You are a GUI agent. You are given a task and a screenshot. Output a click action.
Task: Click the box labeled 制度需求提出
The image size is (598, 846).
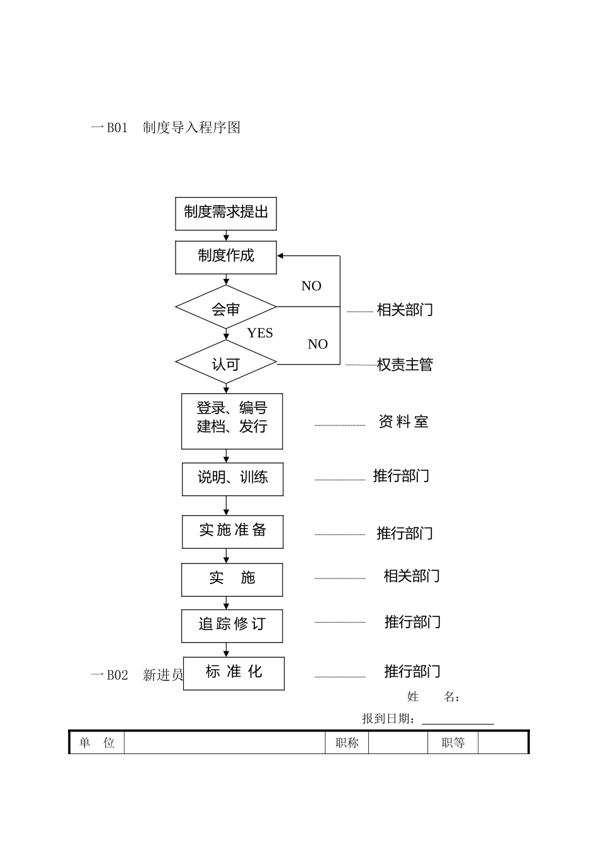click(225, 213)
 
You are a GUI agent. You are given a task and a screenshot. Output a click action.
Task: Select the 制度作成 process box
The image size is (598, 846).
click(225, 257)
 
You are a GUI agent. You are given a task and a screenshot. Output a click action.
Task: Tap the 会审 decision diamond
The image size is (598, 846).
click(225, 308)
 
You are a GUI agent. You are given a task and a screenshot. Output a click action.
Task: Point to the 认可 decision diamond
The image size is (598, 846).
click(225, 363)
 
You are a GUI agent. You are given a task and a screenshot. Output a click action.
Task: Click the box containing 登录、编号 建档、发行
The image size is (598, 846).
click(232, 420)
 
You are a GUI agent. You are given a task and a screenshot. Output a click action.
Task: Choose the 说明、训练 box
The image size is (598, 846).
click(232, 479)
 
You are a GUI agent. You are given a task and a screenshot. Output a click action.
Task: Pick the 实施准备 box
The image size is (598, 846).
click(232, 531)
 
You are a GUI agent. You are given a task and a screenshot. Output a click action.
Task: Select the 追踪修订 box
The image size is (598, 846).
click(232, 625)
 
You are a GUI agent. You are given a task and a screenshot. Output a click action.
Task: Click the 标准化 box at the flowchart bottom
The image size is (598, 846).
click(234, 673)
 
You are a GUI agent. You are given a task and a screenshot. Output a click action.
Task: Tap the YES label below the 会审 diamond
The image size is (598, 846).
click(260, 333)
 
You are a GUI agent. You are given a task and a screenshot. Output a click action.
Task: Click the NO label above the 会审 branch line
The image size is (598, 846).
click(311, 286)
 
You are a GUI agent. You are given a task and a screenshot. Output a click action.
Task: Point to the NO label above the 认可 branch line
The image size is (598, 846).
click(317, 344)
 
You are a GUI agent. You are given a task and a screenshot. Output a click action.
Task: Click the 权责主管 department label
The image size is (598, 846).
click(405, 365)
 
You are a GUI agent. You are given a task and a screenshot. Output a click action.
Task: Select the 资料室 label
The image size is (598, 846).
click(403, 422)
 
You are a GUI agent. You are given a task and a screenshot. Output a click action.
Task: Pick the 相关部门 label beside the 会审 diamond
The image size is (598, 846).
click(405, 310)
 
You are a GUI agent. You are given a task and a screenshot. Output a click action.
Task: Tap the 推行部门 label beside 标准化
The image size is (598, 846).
click(412, 672)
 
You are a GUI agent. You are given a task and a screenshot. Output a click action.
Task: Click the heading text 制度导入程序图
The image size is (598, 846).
click(191, 128)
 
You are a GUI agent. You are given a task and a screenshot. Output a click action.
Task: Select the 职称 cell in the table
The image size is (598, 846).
click(347, 743)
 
